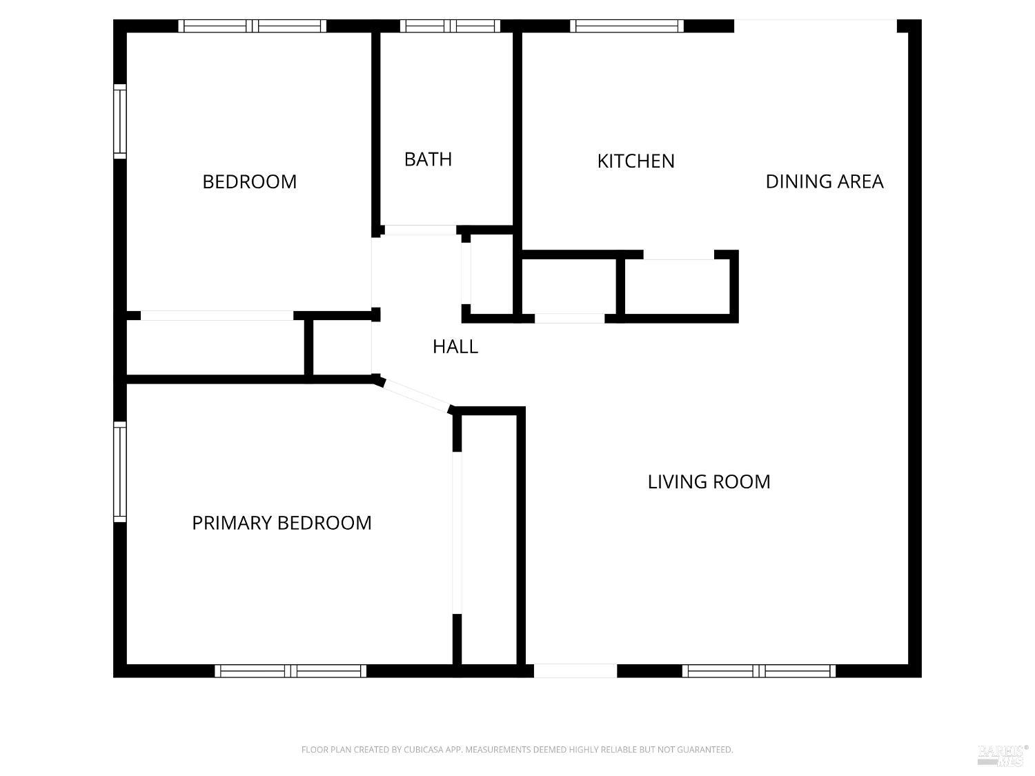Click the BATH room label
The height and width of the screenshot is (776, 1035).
pos(428,159)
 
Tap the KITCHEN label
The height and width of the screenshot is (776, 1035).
pos(635,161)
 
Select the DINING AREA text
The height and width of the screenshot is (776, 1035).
pos(825,181)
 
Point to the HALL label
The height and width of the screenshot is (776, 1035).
pos(455,347)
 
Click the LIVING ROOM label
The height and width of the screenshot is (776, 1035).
pos(709,481)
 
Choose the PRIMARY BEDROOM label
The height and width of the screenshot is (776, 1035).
pos(282,523)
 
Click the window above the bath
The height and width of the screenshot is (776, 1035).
pos(450,26)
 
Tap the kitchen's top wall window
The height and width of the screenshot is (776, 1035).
pos(627,26)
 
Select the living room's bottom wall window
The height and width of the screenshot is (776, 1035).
pos(759,671)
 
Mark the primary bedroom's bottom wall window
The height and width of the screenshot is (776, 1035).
pos(290,671)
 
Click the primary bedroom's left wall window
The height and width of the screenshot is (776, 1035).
pos(120,472)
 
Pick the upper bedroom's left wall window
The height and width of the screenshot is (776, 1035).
pos(120,121)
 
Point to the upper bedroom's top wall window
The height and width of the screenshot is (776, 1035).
pos(253,26)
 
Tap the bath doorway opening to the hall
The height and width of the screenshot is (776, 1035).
pos(421,230)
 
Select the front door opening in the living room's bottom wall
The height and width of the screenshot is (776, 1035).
pos(575,671)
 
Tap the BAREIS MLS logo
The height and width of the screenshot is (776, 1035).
pos(1002,755)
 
